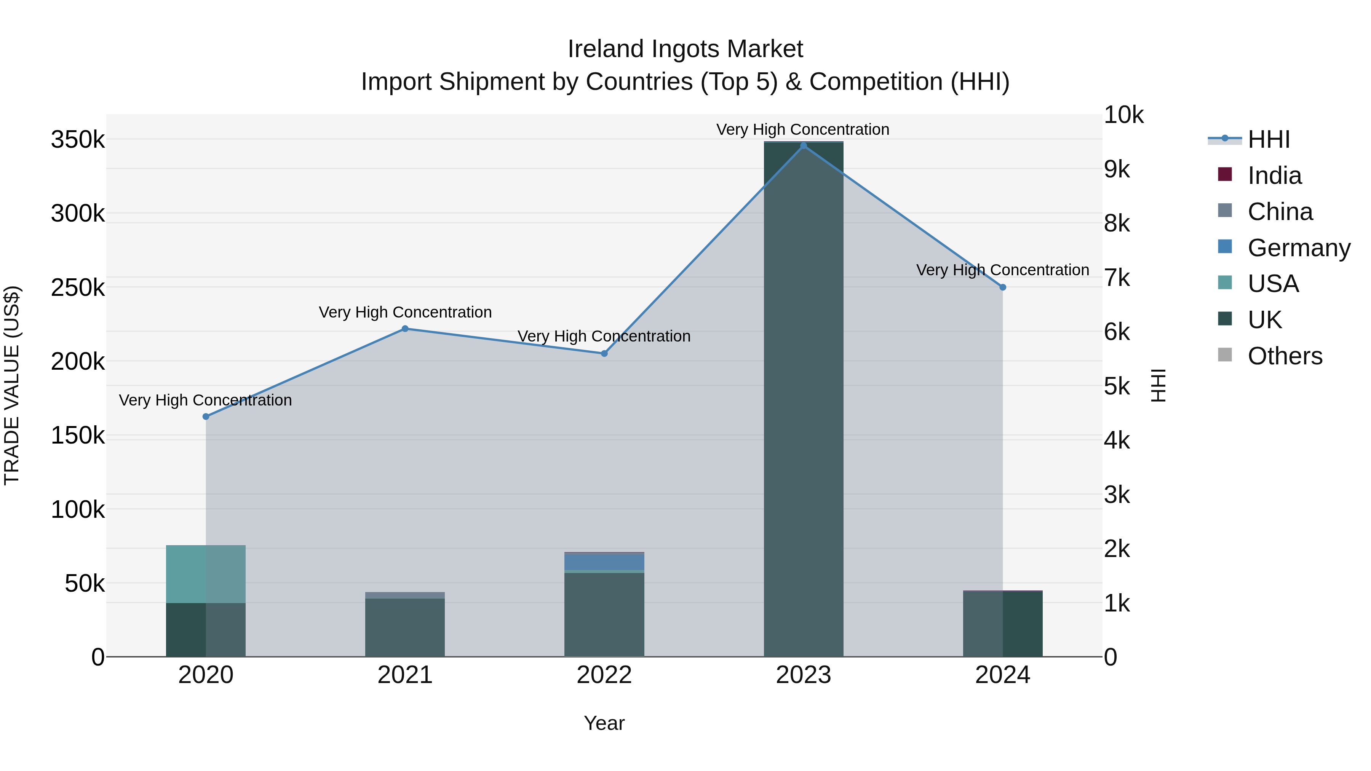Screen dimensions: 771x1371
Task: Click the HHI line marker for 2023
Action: click(x=803, y=146)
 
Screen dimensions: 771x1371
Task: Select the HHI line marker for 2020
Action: click(x=206, y=417)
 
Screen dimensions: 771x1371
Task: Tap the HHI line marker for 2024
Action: click(x=1002, y=287)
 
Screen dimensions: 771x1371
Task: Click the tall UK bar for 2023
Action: click(x=803, y=399)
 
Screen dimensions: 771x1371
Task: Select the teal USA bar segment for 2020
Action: click(x=206, y=574)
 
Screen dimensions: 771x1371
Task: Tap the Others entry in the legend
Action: click(x=1284, y=356)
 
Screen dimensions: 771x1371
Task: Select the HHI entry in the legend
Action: click(x=1268, y=139)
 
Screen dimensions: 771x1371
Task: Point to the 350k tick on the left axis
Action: click(x=78, y=140)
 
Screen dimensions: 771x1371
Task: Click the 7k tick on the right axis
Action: click(x=1117, y=278)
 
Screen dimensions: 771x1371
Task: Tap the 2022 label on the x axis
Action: click(x=604, y=675)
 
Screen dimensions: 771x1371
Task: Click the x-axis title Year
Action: click(x=604, y=723)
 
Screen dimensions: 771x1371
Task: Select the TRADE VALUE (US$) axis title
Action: click(x=12, y=385)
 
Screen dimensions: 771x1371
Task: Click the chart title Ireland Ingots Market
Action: click(x=685, y=49)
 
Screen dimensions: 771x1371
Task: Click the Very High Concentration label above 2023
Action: click(x=802, y=129)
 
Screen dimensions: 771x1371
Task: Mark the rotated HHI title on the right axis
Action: click(x=1158, y=385)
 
